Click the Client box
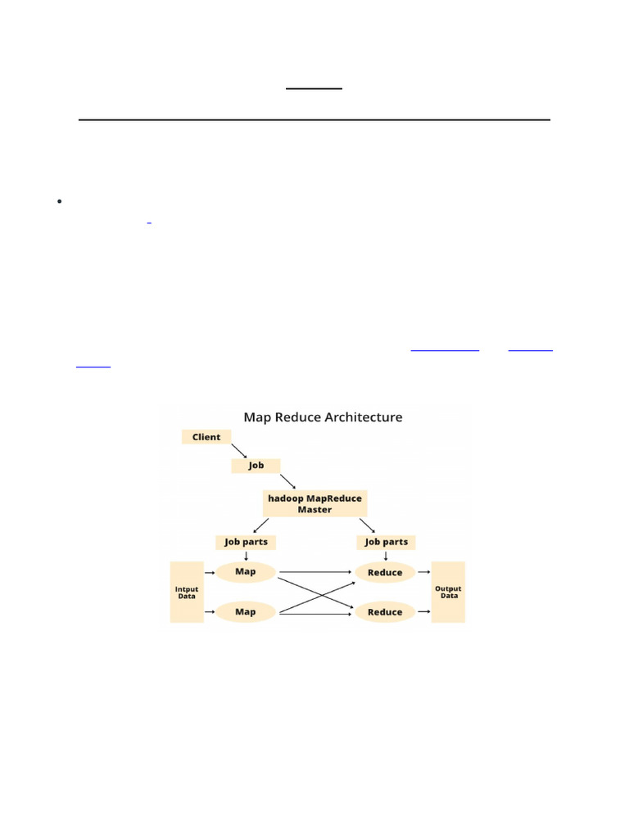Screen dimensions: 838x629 (206, 437)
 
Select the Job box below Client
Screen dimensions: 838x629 (256, 465)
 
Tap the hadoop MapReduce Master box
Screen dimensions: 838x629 (314, 503)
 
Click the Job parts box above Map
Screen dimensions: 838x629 (246, 542)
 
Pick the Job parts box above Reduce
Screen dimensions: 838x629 (386, 542)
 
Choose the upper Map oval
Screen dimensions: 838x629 (246, 571)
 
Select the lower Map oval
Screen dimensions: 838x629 (246, 611)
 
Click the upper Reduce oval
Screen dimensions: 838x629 (385, 572)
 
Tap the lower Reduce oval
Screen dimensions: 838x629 (385, 611)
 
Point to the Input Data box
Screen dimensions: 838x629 (187, 592)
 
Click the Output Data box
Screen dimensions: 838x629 (448, 592)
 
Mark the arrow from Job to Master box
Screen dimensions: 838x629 (287, 480)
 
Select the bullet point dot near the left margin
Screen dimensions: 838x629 (60, 201)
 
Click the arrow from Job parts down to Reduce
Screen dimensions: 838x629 (386, 556)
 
